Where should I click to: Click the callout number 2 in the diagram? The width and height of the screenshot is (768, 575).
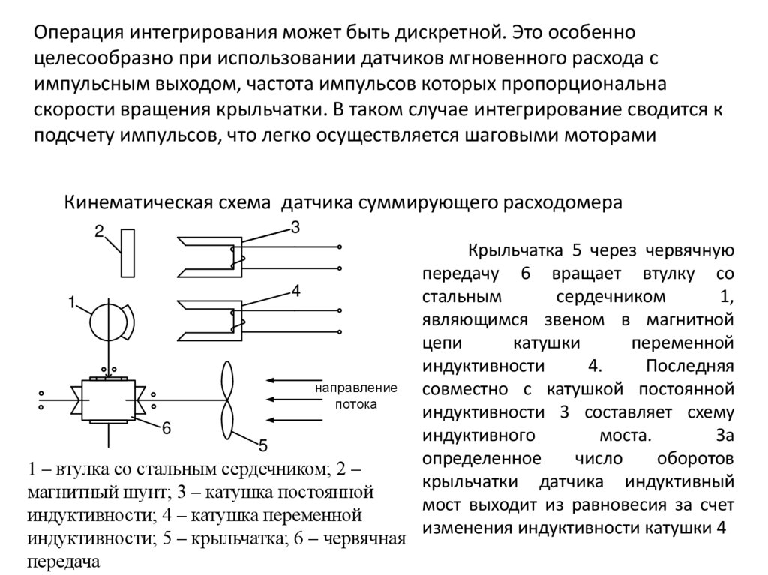98,232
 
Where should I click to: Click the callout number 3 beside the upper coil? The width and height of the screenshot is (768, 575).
295,228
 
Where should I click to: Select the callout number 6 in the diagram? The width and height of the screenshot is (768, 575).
166,429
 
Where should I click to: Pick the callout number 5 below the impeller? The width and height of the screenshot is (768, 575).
263,446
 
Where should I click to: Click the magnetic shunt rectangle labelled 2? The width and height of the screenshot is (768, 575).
127,253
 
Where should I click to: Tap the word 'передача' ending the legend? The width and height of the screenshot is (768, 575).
64,560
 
